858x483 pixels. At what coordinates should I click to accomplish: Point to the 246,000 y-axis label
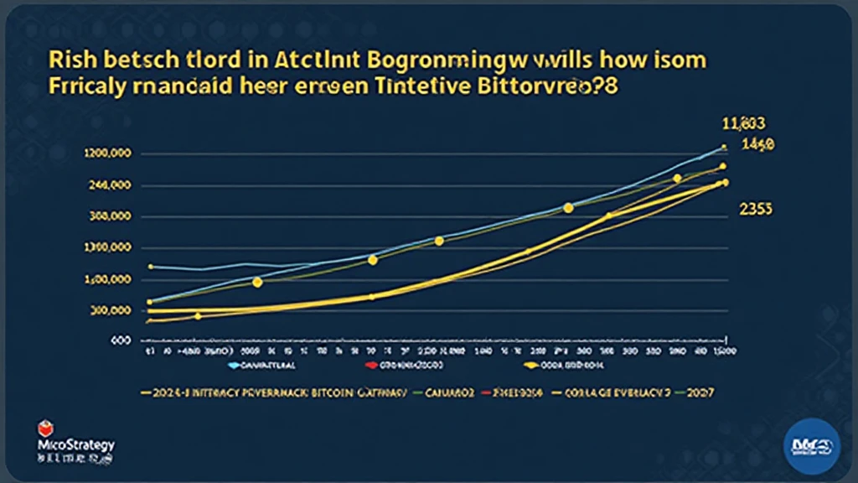point(109,186)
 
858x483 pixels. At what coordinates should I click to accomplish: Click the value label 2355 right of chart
point(756,210)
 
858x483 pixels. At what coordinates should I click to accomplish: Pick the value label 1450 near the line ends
point(758,145)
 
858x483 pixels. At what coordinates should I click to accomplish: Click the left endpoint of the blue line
point(149,267)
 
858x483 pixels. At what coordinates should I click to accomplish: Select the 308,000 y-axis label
point(109,217)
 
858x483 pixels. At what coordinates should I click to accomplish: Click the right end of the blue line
point(725,148)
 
